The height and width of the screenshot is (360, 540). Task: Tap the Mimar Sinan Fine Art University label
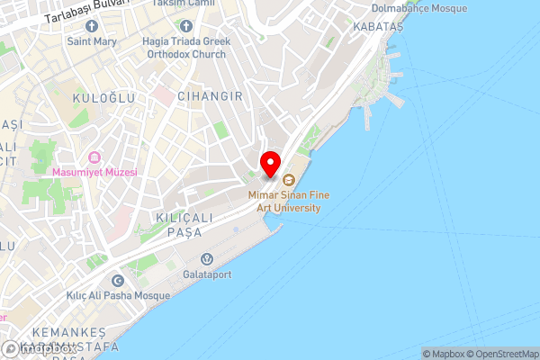[284, 201]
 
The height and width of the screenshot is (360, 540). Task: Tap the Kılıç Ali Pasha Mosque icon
[117, 281]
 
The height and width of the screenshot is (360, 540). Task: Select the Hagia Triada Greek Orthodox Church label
[184, 46]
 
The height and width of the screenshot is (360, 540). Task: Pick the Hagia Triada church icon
[184, 25]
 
